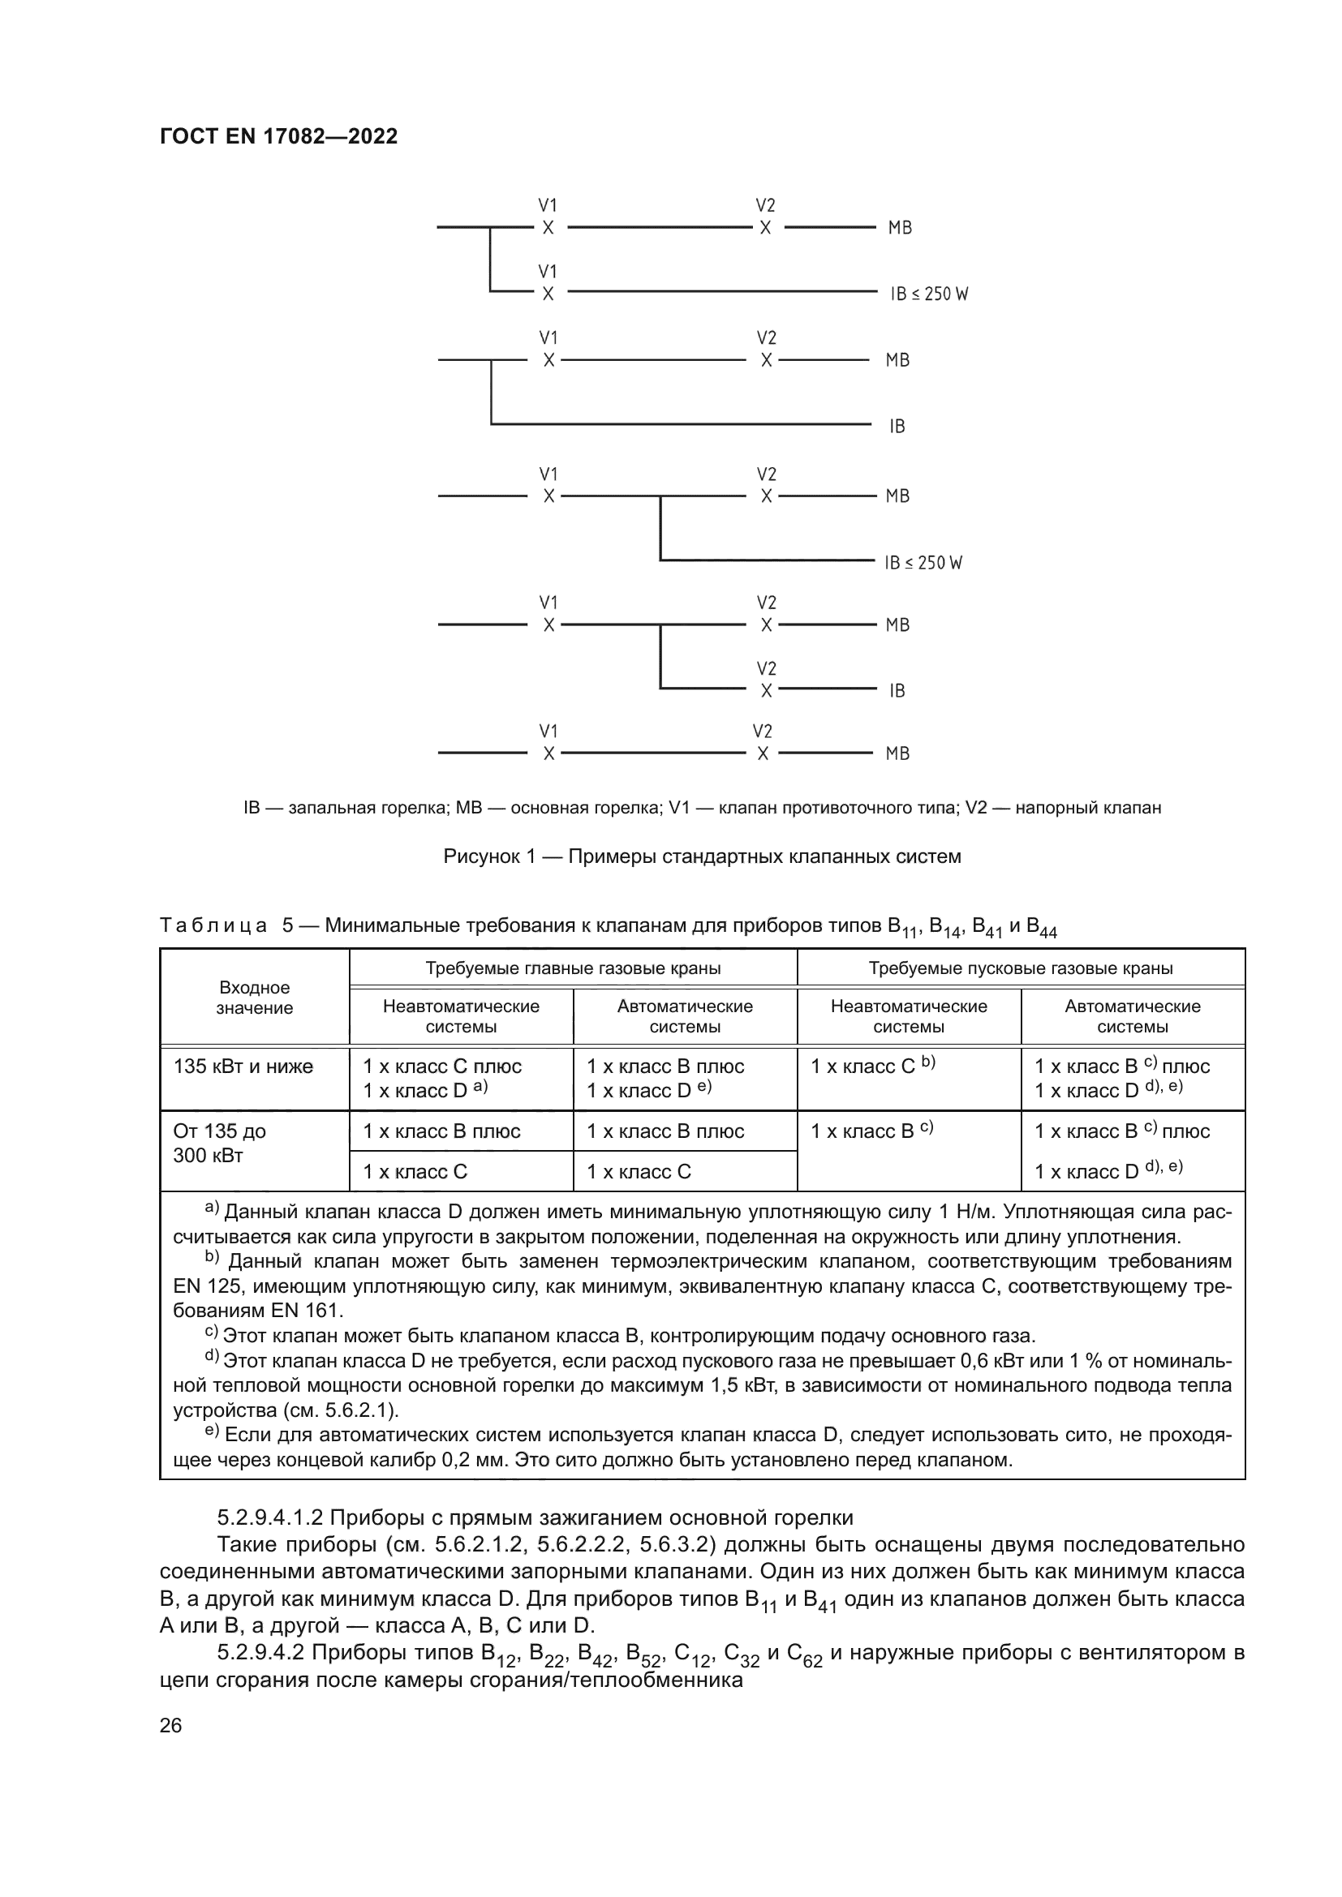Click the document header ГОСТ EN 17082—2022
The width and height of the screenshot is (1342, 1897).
click(278, 136)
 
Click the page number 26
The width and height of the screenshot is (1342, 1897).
click(170, 1726)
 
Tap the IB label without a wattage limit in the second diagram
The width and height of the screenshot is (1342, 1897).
click(897, 427)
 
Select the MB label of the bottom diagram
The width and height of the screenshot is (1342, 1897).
click(897, 753)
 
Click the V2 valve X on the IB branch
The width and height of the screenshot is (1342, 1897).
click(766, 691)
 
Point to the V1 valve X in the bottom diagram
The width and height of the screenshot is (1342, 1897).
click(548, 753)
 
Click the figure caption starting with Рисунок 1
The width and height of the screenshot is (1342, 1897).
click(702, 856)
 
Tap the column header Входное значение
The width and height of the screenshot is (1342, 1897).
click(255, 998)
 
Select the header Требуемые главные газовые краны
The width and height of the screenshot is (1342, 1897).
click(573, 968)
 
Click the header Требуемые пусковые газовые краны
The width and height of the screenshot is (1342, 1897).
click(1021, 968)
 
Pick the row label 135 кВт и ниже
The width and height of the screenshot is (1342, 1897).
click(243, 1067)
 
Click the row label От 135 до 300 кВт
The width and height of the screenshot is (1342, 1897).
click(220, 1143)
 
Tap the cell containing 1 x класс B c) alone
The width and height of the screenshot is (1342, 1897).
click(871, 1131)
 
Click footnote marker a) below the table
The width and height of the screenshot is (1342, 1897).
click(212, 1209)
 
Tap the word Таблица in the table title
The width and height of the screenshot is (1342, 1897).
click(213, 925)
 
